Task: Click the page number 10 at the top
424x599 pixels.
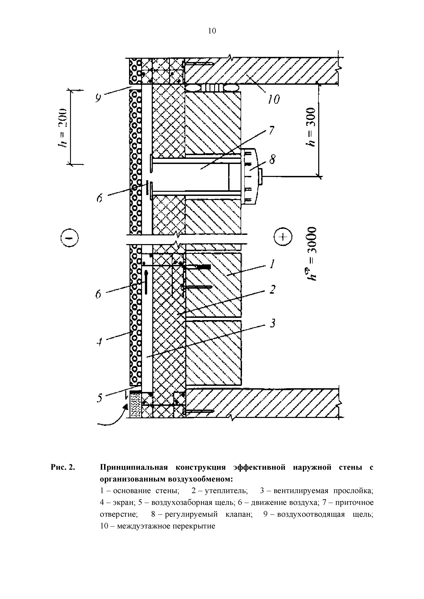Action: tap(212, 31)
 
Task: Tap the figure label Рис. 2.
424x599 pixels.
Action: tap(63, 467)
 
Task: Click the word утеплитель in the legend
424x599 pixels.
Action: tap(226, 491)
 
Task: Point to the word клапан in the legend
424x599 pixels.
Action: tap(239, 514)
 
